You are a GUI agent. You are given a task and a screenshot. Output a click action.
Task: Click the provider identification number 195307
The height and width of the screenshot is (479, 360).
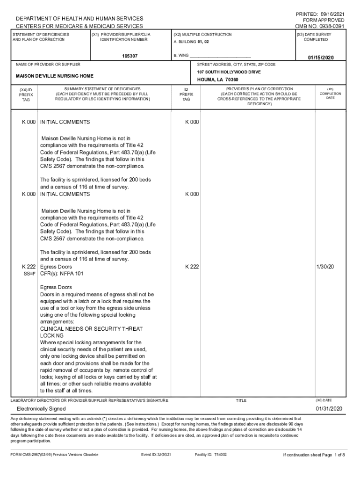tap(130, 56)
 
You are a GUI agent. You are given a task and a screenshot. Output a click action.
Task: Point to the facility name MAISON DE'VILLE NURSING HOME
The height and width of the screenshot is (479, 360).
tap(55, 76)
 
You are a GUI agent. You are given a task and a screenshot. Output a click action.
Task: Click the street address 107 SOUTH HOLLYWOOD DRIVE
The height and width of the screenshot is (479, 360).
tap(229, 72)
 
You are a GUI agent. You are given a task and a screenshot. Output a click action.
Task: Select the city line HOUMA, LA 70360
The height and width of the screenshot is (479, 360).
tap(218, 80)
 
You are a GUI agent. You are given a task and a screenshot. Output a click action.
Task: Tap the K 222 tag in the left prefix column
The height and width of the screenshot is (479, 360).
tap(29, 267)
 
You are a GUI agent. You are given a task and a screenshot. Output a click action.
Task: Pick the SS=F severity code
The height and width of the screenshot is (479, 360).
tap(29, 274)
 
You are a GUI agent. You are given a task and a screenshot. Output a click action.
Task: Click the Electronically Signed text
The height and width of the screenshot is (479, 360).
tap(41, 409)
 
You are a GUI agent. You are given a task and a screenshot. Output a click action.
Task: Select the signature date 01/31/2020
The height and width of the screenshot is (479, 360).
tap(329, 409)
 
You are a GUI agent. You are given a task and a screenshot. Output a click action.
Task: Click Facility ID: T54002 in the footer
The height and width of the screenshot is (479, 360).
tap(210, 454)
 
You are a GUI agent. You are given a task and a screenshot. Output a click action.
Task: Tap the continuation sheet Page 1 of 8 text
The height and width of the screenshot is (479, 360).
tap(314, 454)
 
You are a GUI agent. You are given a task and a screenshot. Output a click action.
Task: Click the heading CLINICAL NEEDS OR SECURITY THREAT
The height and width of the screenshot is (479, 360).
tap(91, 329)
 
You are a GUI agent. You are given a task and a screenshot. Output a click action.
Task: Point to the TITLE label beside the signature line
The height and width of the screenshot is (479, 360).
tap(241, 401)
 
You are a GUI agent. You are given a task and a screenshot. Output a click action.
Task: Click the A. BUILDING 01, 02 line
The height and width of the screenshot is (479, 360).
tap(191, 42)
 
